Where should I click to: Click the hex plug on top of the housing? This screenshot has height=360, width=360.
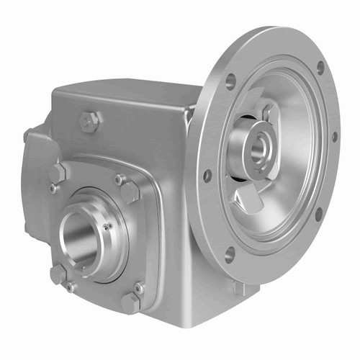[89, 122]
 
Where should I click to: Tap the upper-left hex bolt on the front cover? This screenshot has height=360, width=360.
[58, 174]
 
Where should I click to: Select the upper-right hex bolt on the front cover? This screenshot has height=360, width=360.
[130, 192]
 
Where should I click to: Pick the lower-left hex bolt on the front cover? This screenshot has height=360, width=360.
[58, 274]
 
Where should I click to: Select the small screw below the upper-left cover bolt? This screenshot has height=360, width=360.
[53, 189]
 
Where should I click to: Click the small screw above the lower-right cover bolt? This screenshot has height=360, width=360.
[138, 288]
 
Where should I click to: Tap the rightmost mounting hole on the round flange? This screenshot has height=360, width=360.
[334, 135]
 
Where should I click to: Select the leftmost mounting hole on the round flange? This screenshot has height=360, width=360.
[207, 174]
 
